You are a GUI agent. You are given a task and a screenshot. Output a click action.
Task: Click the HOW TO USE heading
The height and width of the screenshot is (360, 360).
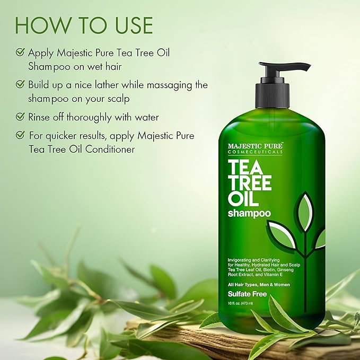click(x=84, y=24)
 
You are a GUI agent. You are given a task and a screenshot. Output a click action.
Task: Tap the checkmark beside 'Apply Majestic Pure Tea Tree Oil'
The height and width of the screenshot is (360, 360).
click(x=20, y=52)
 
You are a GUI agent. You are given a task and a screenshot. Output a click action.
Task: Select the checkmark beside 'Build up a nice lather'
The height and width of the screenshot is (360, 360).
click(x=20, y=84)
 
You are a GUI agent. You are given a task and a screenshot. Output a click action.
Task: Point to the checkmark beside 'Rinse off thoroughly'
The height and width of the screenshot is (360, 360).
click(x=20, y=116)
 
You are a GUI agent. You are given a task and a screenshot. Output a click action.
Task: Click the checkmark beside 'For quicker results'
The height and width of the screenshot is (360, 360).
click(x=20, y=136)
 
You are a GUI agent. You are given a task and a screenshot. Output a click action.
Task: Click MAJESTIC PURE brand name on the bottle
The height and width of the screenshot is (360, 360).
click(x=256, y=145)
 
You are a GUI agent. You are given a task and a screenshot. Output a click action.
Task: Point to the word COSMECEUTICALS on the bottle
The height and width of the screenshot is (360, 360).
click(x=256, y=152)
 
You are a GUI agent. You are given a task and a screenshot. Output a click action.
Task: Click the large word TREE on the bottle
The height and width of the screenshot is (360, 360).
click(x=250, y=182)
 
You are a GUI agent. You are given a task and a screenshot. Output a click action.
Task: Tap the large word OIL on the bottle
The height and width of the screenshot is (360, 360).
click(x=243, y=200)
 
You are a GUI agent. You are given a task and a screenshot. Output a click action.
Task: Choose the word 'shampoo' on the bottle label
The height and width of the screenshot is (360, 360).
click(x=249, y=214)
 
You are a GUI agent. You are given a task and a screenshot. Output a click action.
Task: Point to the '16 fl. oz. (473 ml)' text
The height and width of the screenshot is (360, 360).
click(x=240, y=303)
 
